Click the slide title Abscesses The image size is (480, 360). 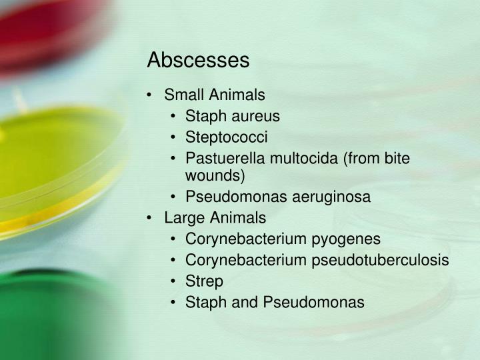(x=198, y=60)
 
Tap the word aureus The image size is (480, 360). (x=257, y=116)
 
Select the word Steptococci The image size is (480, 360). (x=227, y=137)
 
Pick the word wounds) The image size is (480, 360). (x=215, y=176)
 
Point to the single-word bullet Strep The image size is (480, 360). (x=204, y=281)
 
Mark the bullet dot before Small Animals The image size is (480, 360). (x=152, y=95)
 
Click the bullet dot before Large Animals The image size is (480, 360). (x=152, y=218)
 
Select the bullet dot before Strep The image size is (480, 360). (x=173, y=281)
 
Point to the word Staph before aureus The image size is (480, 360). (x=204, y=116)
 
